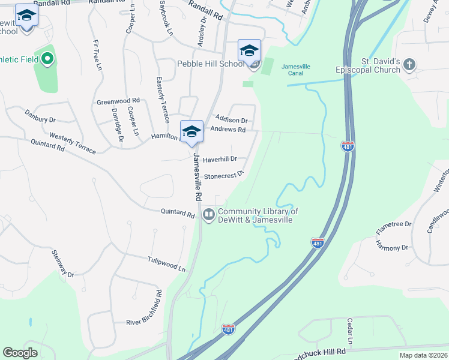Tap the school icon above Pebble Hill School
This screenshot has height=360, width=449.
(249, 50)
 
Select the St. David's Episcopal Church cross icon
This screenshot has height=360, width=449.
(409, 64)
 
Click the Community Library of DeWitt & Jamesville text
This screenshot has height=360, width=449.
(258, 215)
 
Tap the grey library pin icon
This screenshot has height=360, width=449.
(209, 214)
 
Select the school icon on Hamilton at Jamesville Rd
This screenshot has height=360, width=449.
(191, 132)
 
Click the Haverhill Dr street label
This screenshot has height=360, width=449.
(220, 160)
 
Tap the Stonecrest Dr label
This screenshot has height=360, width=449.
(223, 175)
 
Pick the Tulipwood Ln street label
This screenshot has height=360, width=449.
(166, 264)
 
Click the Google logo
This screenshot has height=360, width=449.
(20, 353)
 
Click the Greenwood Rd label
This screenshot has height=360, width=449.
(118, 101)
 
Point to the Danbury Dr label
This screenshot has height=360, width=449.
(40, 116)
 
